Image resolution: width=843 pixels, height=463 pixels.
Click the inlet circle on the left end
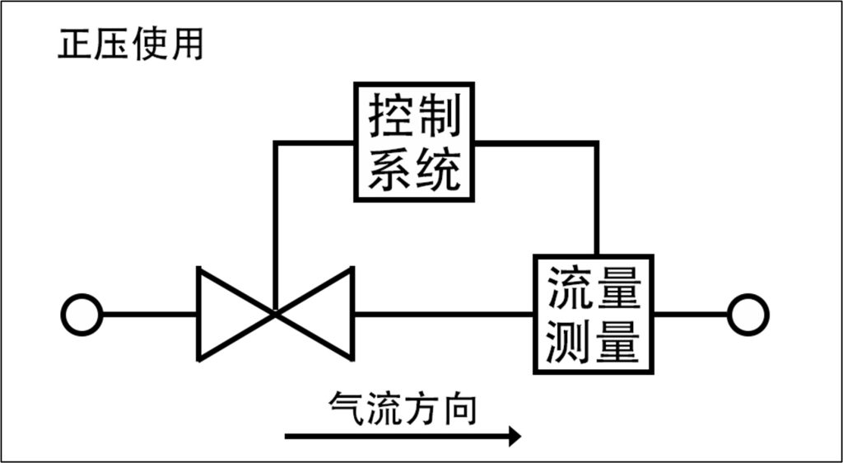pos(82,315)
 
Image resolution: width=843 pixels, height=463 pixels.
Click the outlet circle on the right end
pos(748,315)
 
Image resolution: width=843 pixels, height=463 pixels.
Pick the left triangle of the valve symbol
pos(198,315)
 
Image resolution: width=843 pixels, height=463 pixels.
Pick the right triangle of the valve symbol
pos(352,315)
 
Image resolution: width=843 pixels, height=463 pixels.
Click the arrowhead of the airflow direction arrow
pos(514,436)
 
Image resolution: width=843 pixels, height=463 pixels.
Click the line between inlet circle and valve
pos(150,315)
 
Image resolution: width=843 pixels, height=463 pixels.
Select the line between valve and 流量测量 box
pos(444,315)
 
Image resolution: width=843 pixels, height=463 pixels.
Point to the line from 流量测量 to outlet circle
pos(691,315)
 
